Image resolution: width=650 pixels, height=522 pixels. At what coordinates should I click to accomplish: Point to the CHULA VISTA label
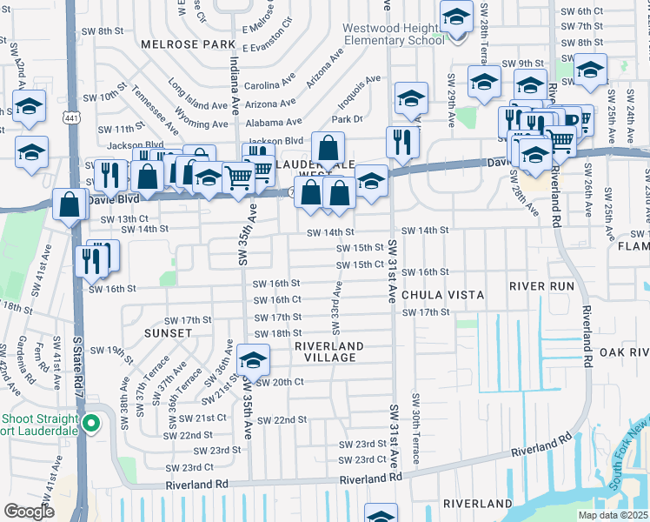click(x=442, y=295)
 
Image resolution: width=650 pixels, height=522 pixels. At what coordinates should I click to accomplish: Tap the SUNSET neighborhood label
click(x=169, y=333)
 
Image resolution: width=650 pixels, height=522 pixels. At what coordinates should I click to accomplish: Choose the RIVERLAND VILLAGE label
click(x=326, y=351)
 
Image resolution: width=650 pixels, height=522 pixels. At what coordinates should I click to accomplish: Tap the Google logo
click(x=29, y=512)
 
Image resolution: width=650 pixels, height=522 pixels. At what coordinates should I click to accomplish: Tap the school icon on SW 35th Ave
click(x=252, y=359)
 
